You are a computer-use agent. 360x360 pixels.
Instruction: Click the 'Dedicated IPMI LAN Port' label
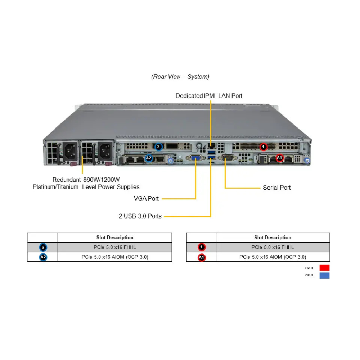coord(209,96)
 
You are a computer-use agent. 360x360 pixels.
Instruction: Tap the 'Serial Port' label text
coord(276,188)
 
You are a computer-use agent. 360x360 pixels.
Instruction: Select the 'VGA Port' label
coord(146,198)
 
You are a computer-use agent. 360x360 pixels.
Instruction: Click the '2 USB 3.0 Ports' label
coord(140,216)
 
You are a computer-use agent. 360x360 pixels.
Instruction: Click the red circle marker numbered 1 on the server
coord(264,147)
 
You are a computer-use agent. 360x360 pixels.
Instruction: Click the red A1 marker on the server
coord(279,158)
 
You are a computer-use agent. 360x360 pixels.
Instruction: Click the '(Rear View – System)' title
coord(180,77)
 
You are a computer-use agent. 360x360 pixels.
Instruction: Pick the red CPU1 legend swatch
coord(324,268)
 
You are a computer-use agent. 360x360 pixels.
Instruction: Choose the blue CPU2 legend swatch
coord(324,275)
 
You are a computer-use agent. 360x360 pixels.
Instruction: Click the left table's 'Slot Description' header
coord(114,238)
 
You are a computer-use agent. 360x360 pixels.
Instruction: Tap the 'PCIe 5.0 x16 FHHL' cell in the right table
coord(273,247)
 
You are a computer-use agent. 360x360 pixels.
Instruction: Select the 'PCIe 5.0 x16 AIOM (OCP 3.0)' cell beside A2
coord(114,257)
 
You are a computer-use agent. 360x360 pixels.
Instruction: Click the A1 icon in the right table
coord(202,257)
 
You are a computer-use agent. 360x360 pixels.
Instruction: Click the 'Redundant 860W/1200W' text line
coord(86,180)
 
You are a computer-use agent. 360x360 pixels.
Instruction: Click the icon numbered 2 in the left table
coord(43,247)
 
